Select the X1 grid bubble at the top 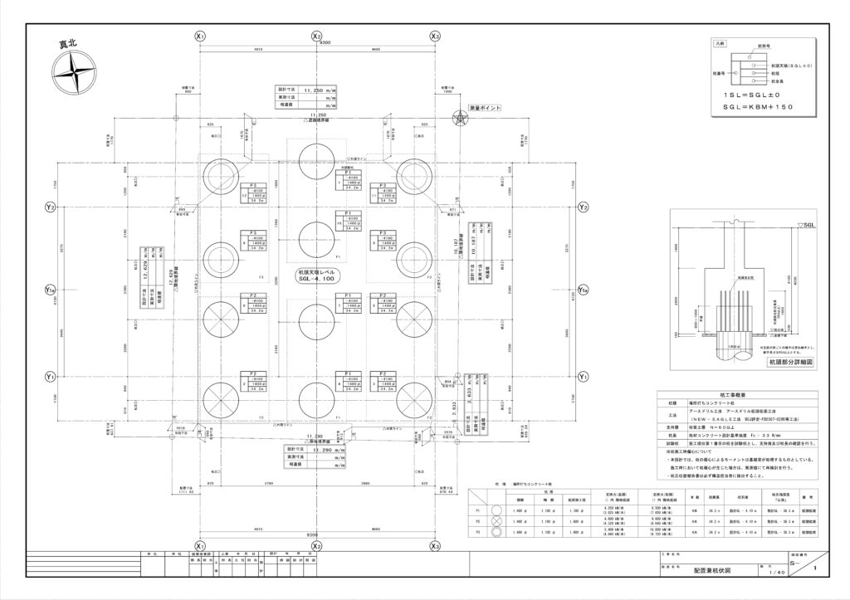tap(199, 37)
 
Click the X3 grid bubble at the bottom tap(435, 548)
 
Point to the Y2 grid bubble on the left tap(50, 207)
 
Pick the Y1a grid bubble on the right tap(584, 290)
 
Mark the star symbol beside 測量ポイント tap(460, 119)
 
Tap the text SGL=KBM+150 tap(757, 107)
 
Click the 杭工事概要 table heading tap(740, 397)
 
